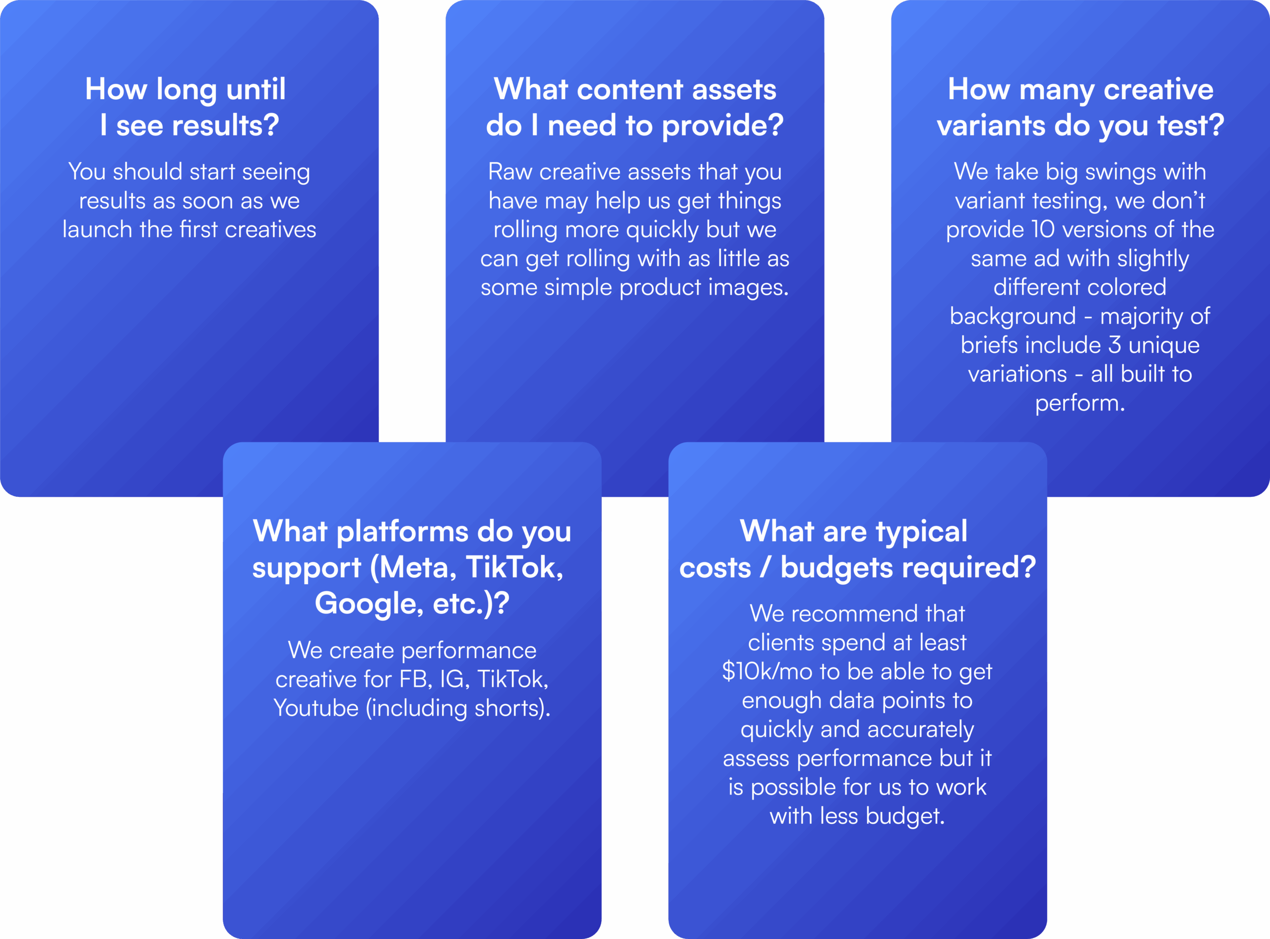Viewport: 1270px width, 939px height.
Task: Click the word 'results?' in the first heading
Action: tap(226, 125)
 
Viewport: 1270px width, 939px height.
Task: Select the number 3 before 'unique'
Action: tap(1114, 345)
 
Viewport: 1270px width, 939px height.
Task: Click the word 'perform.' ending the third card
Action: tap(1079, 404)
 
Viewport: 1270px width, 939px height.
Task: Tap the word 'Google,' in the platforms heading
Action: tap(369, 604)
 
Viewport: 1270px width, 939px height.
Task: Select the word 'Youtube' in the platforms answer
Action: tap(316, 708)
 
